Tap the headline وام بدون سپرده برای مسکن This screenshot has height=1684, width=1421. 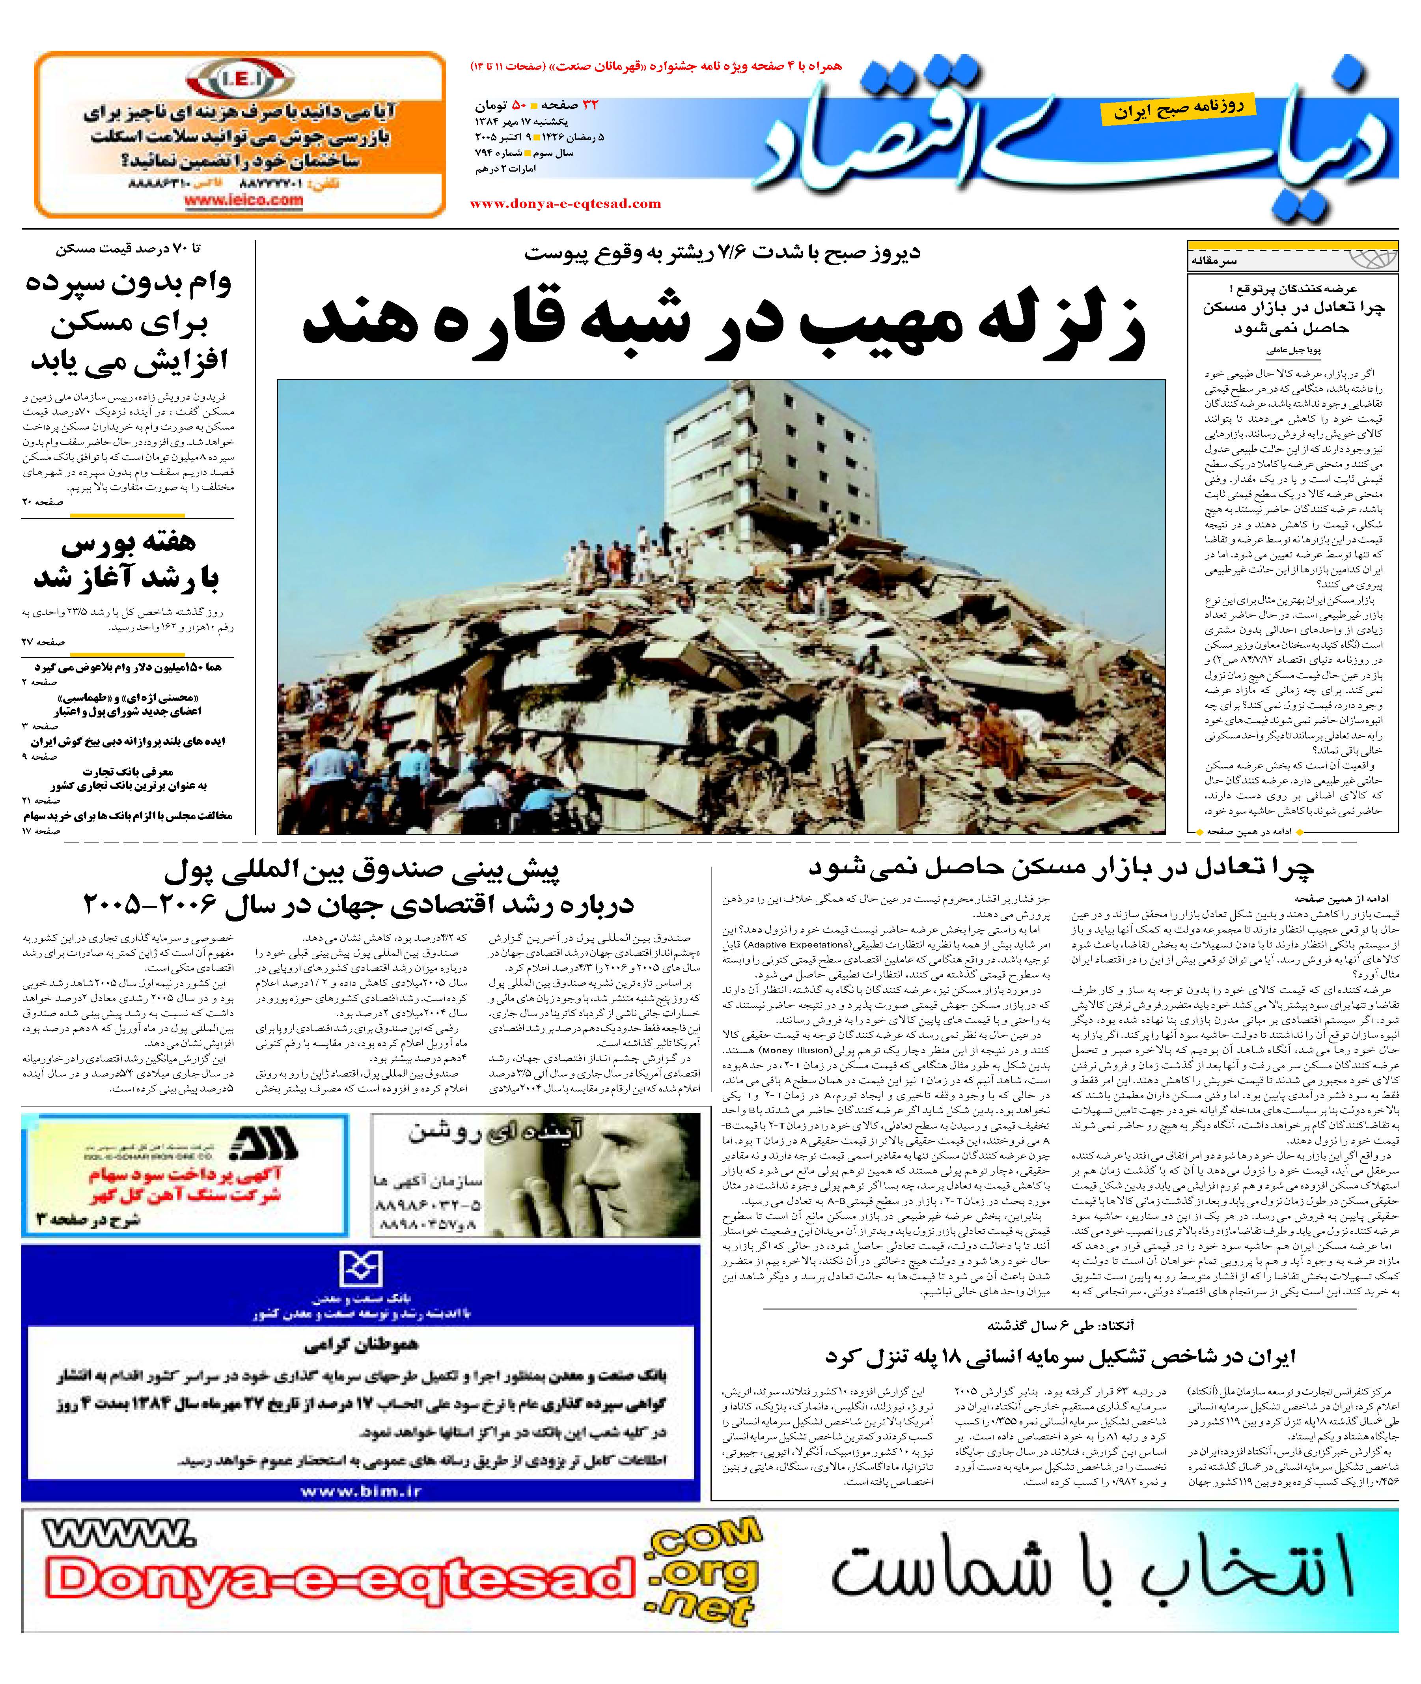[129, 322]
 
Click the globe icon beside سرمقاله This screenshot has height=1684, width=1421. [1369, 258]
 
